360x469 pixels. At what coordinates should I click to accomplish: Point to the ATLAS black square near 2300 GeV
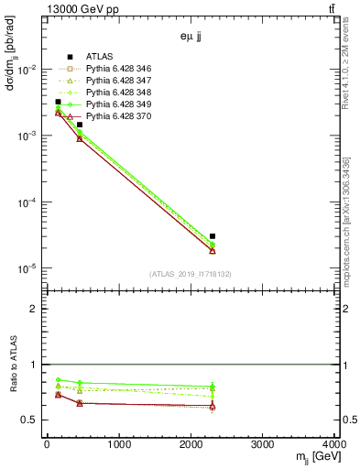[x=213, y=236]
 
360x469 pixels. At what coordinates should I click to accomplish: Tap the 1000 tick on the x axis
[x=118, y=446]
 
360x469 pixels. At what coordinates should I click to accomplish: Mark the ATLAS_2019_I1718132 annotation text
[x=189, y=274]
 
